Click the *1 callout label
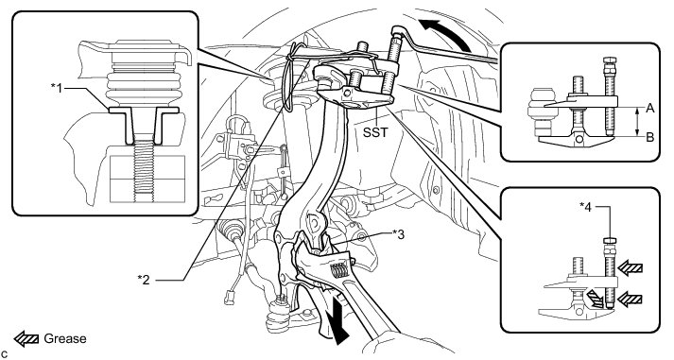pyautogui.click(x=57, y=89)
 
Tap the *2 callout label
pyautogui.click(x=144, y=280)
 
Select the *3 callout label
pyautogui.click(x=399, y=234)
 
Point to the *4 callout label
pyautogui.click(x=585, y=207)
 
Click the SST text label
pyautogui.click(x=375, y=132)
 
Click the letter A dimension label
pyautogui.click(x=650, y=109)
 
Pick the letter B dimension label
pyautogui.click(x=650, y=137)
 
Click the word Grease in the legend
pyautogui.click(x=65, y=338)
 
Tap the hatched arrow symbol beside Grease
pyautogui.click(x=27, y=339)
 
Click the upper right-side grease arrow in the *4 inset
pyautogui.click(x=631, y=269)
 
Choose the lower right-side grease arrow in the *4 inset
pyautogui.click(x=630, y=299)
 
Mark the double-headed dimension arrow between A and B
pyautogui.click(x=637, y=123)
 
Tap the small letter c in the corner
pyautogui.click(x=4, y=354)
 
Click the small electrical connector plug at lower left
pyautogui.click(x=229, y=298)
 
